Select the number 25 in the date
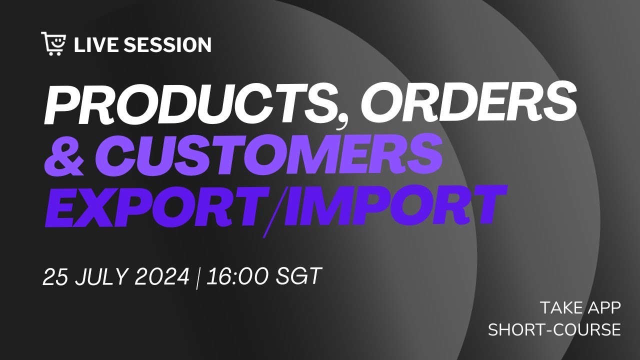tap(55, 276)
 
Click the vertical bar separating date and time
tap(198, 277)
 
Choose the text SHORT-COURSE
tap(554, 330)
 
